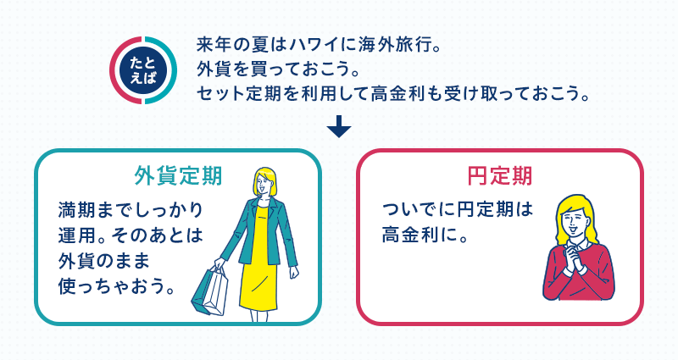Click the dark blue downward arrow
click(x=339, y=126)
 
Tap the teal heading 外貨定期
click(x=178, y=176)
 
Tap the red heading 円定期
click(x=499, y=176)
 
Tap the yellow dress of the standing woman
click(x=258, y=259)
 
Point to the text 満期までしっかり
click(x=131, y=210)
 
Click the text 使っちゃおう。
click(x=117, y=286)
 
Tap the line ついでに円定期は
click(x=458, y=210)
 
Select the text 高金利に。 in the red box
click(x=425, y=235)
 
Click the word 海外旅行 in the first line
click(x=395, y=45)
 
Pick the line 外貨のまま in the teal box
click(x=103, y=261)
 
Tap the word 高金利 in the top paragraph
click(x=397, y=93)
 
